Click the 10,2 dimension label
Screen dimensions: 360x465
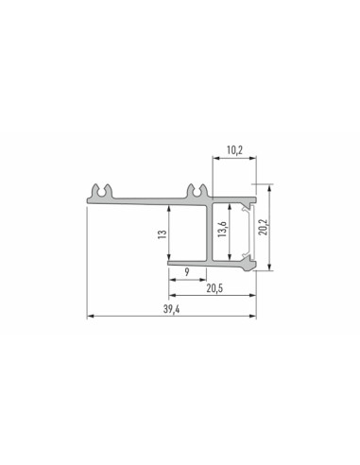tap(234, 150)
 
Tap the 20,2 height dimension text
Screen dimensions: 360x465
tap(263, 227)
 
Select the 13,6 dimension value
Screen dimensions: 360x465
tap(222, 229)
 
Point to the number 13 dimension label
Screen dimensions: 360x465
tap(163, 234)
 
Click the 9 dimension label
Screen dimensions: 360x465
tap(187, 272)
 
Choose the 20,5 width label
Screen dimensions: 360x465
tap(214, 288)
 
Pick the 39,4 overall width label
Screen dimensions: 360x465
tap(171, 309)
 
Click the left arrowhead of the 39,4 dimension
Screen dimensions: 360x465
tap(91, 316)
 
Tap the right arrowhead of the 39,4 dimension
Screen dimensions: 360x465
tap(252, 316)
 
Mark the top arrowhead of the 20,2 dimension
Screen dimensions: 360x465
tap(269, 188)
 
